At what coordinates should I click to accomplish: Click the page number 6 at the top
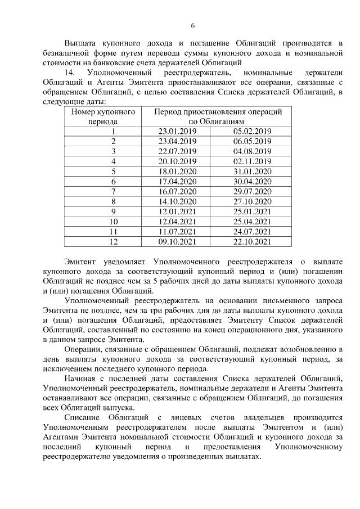192,26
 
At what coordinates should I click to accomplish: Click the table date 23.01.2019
177,131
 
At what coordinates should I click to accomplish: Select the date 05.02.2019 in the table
252,131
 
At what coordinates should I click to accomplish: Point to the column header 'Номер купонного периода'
103,116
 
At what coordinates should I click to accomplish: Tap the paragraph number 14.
70,73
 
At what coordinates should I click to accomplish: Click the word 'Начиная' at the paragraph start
81,377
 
